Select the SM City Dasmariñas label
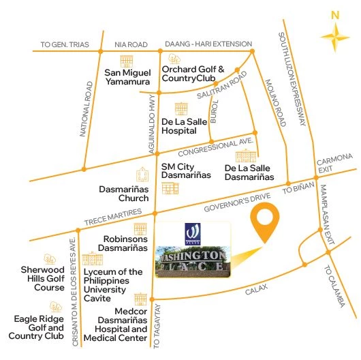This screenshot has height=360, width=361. [x=185, y=170]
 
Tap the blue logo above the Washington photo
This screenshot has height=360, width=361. [x=192, y=232]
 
